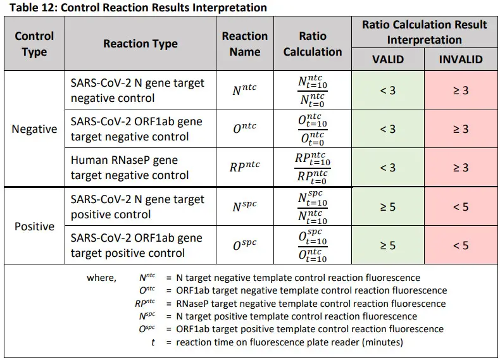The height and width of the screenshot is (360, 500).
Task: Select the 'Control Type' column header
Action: click(34, 44)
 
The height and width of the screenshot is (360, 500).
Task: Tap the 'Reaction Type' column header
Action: click(141, 44)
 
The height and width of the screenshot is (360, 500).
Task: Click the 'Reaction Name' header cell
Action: click(245, 44)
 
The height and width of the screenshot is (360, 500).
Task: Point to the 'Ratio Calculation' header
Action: click(313, 44)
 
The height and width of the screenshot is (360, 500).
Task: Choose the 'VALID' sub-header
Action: click(388, 60)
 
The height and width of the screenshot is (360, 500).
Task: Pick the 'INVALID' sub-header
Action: click(461, 60)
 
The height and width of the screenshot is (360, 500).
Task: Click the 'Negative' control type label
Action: click(34, 129)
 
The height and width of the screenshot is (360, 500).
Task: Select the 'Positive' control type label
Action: click(34, 227)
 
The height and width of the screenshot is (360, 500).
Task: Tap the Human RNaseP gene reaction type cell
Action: click(130, 168)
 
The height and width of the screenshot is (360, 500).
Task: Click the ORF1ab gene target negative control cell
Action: click(136, 129)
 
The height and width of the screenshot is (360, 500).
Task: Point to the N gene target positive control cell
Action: click(137, 207)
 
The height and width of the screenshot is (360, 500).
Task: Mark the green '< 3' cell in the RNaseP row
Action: click(388, 168)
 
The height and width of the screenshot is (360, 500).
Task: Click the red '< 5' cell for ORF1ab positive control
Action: click(461, 245)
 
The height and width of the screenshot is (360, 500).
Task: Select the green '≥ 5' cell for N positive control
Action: click(388, 207)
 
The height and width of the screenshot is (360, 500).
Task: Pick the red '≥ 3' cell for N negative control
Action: click(461, 90)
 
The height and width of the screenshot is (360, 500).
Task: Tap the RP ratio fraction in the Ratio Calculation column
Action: click(313, 168)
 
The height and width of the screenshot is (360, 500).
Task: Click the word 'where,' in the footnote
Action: click(101, 278)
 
